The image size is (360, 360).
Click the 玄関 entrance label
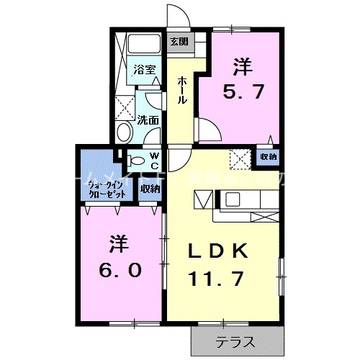coord(178,40)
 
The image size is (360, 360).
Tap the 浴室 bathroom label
coord(145,70)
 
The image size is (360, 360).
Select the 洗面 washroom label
coord(148,120)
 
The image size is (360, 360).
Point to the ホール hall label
coord(183,89)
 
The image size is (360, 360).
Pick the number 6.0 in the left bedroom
coord(120,270)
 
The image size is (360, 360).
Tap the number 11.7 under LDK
coord(220,278)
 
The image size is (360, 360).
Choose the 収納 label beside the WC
coord(150,189)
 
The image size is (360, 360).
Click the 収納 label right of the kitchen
coord(269,156)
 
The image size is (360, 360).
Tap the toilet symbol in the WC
coord(136,161)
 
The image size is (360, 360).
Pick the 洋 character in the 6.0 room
coord(120,243)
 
